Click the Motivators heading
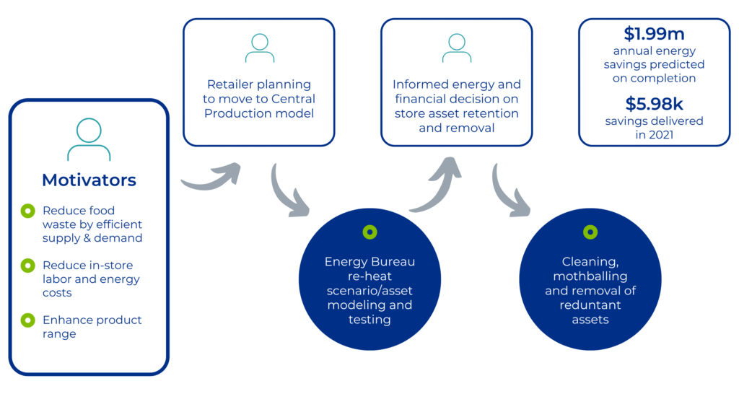89,180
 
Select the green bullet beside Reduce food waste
27,211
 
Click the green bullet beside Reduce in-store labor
27,266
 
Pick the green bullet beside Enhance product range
27,320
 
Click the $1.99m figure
654,34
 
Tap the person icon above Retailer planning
259,48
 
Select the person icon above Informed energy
456,48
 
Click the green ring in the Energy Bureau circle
369,232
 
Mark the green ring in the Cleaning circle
590,232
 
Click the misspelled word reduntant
590,305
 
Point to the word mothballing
590,276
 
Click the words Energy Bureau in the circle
369,261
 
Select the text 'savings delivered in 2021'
654,127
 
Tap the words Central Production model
259,106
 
